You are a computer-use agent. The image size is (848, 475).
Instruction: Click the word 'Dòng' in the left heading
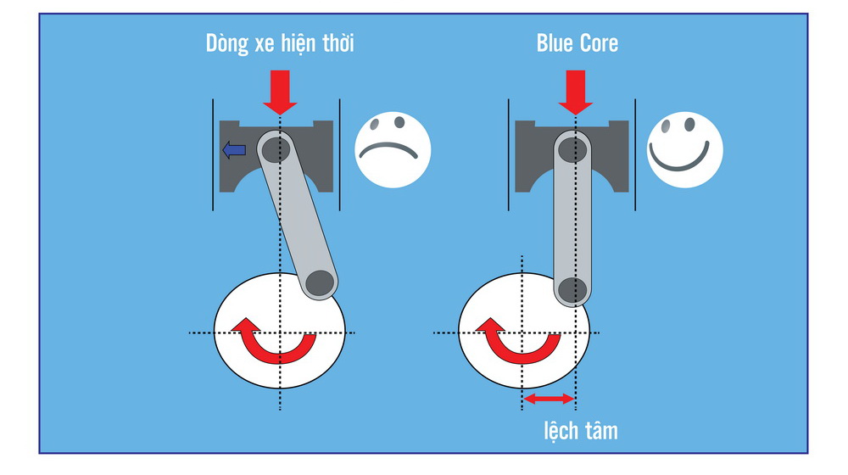pos(226,44)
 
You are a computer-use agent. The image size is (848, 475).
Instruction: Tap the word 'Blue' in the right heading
pos(555,44)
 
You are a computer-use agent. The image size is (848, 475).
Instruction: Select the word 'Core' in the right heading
pos(598,44)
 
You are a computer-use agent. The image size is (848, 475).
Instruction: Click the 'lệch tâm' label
pos(580,431)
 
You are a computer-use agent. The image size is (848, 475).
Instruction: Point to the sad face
pos(393,152)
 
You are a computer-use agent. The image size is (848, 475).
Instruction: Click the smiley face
pos(684,152)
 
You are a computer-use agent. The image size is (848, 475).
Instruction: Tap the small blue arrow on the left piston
pos(234,151)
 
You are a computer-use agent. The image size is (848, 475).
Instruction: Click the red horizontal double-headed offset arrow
pos(549,398)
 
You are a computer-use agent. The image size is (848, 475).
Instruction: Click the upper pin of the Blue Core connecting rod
pos(571,148)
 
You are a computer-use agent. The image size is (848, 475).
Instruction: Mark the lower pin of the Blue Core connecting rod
pos(571,288)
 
